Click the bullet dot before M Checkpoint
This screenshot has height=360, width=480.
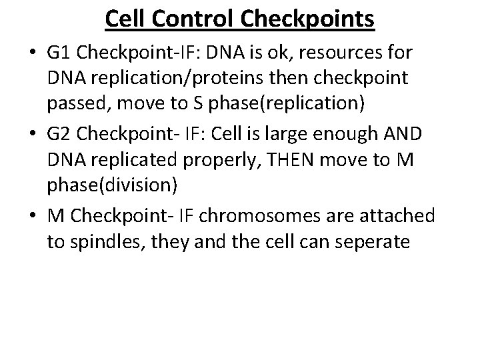(x=32, y=216)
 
